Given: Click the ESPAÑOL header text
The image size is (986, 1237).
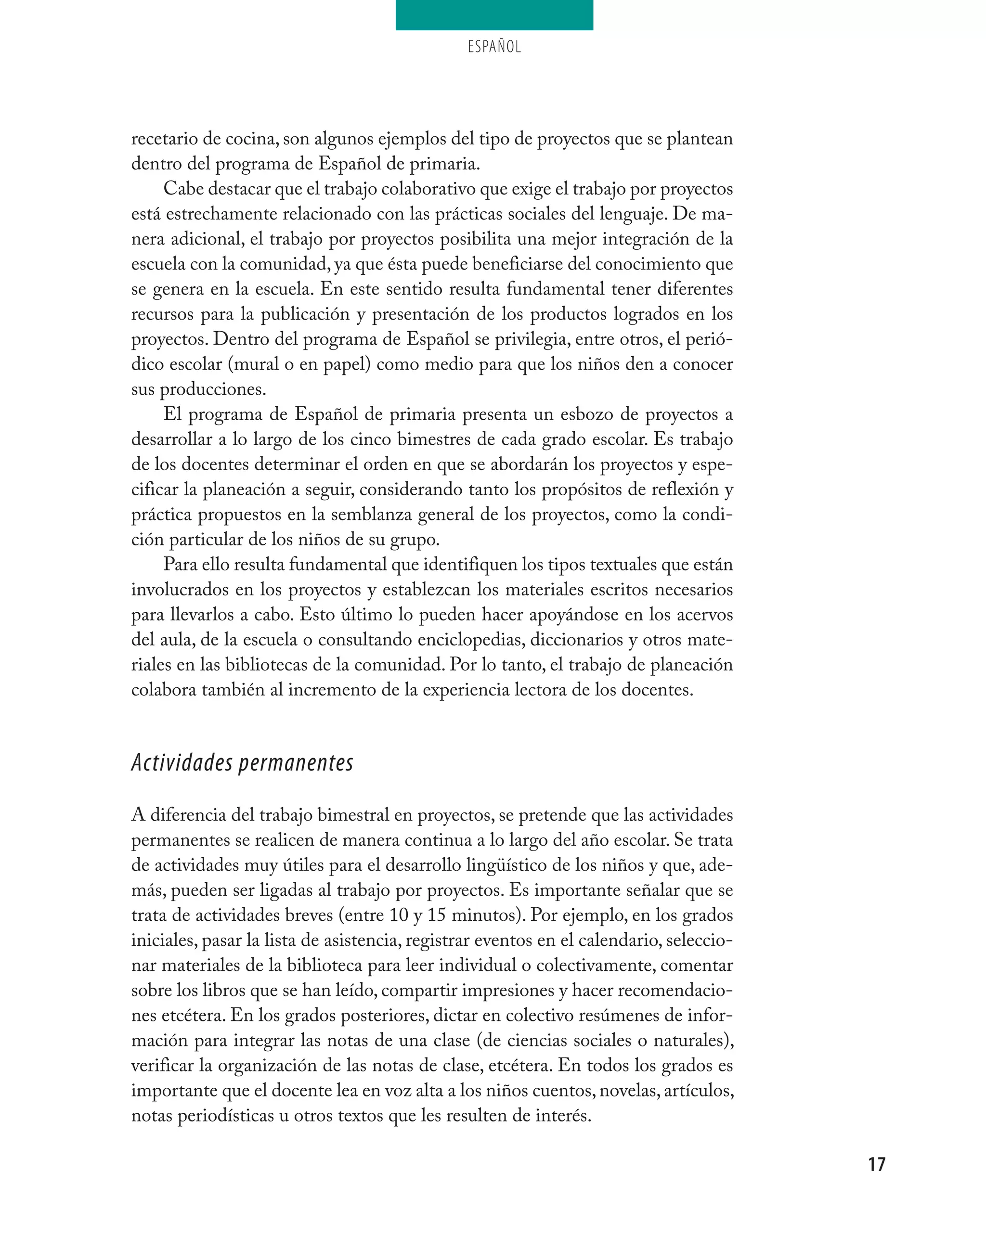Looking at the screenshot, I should click(494, 47).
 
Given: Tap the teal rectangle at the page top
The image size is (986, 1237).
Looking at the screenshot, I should click(494, 15).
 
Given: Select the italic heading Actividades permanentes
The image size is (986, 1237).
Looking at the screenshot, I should click(242, 762).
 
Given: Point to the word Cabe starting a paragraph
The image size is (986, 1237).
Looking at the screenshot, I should click(182, 189).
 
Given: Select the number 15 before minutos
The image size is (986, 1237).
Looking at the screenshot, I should click(436, 915).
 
